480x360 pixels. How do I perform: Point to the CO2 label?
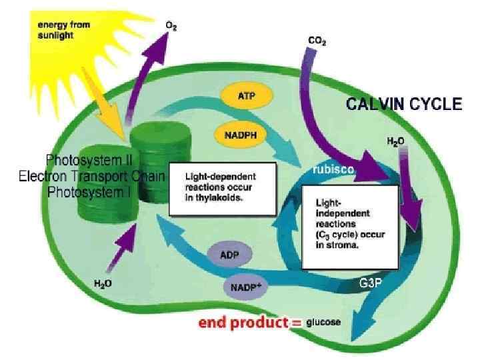[317, 41]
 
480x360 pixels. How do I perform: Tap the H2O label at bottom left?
[102, 283]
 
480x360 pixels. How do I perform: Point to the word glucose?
[324, 323]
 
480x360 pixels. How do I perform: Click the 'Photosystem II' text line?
[89, 160]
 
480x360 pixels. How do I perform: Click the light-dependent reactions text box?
[222, 189]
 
